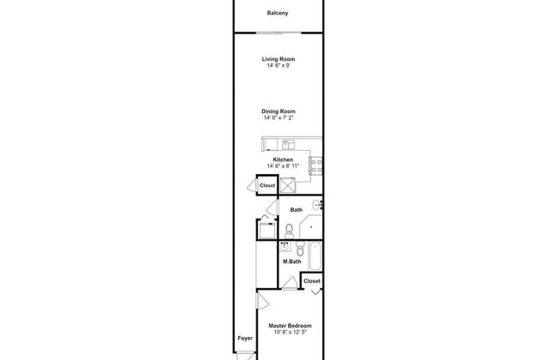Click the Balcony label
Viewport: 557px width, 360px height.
coord(277,14)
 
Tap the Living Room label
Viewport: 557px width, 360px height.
coord(278,58)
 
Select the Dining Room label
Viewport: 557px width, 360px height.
coord(278,111)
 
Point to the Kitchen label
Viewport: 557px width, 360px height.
coord(283,159)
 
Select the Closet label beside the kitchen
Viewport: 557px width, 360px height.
coord(267,184)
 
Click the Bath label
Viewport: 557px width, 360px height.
coord(296,209)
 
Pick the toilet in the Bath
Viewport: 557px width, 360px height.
coord(290,229)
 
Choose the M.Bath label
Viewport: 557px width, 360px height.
coord(291,261)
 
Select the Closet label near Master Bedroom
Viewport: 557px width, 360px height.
coord(312,280)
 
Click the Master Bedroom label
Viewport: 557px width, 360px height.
coord(290,326)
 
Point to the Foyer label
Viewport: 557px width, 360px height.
coord(244,337)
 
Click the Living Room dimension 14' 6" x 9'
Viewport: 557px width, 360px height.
coord(278,65)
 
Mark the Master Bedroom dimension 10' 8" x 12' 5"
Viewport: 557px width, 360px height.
coord(290,333)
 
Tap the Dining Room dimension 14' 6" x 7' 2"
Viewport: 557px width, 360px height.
coord(278,117)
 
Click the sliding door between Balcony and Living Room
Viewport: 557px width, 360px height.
coord(279,33)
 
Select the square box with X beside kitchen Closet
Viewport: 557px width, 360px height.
coord(289,185)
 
